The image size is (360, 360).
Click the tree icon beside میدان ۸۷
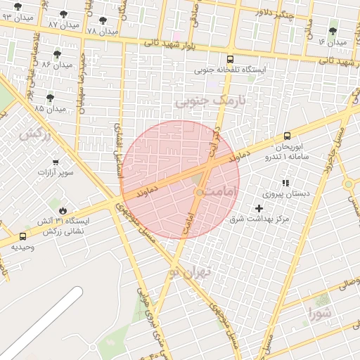(x=63, y=14)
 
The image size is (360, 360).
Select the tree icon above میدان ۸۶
(x=57, y=53)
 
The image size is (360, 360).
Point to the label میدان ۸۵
(x=49, y=109)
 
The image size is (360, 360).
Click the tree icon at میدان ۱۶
(x=333, y=31)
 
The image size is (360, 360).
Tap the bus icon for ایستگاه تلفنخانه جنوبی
(x=231, y=59)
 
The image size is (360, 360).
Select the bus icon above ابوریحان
(x=287, y=136)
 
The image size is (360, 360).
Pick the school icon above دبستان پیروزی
(x=285, y=183)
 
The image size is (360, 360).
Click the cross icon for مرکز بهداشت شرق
(x=259, y=208)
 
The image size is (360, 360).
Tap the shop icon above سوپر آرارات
(x=55, y=162)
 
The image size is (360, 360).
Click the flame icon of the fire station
(x=63, y=210)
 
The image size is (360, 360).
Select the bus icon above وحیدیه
(x=23, y=237)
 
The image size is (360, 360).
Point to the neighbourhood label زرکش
(x=35, y=134)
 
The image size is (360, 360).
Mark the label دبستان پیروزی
(x=281, y=193)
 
